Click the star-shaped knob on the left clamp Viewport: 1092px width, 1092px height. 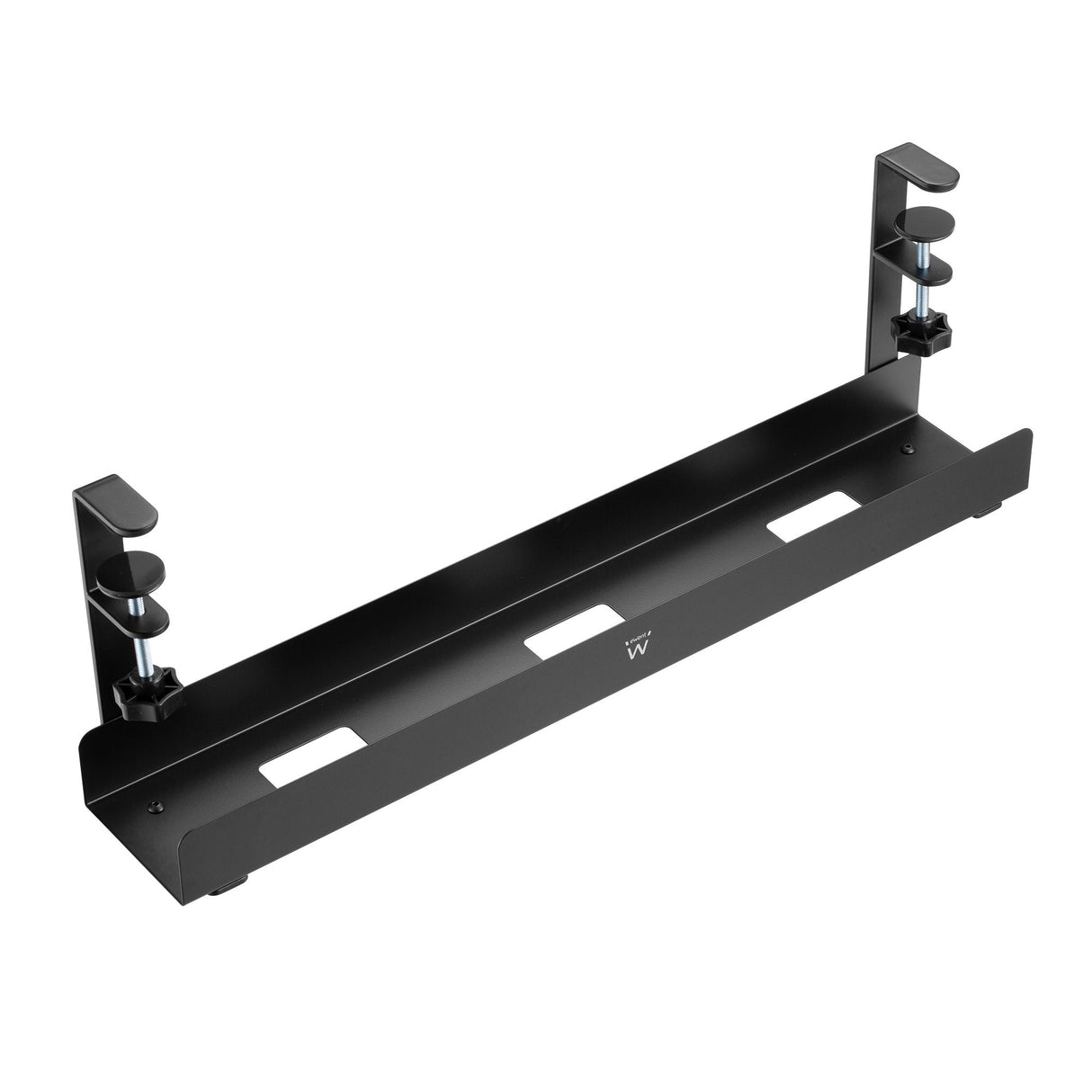(x=148, y=689)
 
